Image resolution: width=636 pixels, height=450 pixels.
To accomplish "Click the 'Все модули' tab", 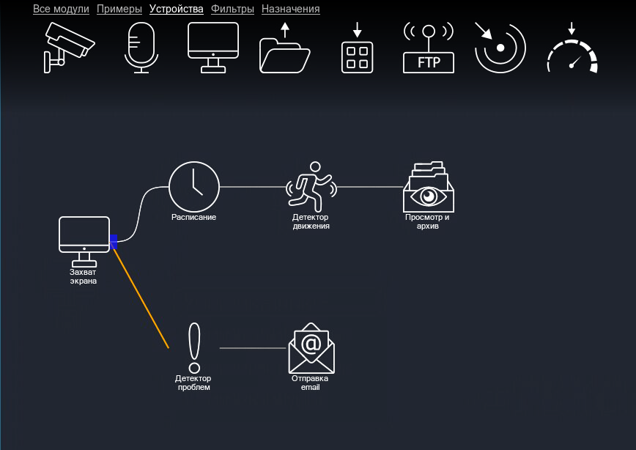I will [x=61, y=10].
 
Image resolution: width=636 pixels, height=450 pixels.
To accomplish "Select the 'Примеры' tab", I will [x=119, y=10].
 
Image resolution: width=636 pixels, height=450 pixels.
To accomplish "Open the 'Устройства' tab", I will [x=176, y=10].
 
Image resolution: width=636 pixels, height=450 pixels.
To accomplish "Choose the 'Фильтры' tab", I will [x=232, y=10].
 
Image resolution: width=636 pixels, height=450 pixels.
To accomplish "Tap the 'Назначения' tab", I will [x=290, y=10].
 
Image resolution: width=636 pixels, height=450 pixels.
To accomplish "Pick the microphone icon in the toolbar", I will [x=141, y=48].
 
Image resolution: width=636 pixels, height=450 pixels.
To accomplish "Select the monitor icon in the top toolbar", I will [x=213, y=47].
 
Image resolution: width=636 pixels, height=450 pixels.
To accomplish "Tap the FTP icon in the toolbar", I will [x=429, y=48].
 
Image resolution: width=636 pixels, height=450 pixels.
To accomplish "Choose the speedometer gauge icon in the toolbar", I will [x=572, y=50].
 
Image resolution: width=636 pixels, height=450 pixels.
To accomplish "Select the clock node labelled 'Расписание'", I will [x=194, y=188].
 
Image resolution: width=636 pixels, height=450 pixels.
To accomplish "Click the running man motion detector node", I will [x=311, y=188].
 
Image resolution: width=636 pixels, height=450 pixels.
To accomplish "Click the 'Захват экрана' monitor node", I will [x=84, y=240].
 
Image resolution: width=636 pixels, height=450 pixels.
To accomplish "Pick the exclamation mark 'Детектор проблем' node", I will [x=193, y=348].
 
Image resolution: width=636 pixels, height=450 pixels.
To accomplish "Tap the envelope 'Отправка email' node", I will [x=311, y=348].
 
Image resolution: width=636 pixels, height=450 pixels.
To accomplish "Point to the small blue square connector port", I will [x=114, y=241].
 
